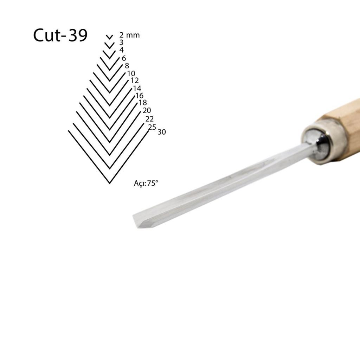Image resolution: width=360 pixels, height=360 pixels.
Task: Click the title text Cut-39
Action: [60, 36]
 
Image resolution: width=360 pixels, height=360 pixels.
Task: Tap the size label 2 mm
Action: [129, 35]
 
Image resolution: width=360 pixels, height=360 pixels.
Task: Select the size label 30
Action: [162, 132]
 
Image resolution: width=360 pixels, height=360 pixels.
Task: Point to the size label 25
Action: [152, 127]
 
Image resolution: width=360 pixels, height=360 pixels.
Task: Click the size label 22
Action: [149, 119]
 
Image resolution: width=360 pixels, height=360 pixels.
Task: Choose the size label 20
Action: [147, 110]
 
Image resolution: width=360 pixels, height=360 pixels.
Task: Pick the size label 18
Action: [143, 103]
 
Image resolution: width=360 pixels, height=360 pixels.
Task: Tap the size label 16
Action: [139, 96]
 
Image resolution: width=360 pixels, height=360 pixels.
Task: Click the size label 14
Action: [137, 88]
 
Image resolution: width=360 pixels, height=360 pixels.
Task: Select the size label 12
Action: [134, 81]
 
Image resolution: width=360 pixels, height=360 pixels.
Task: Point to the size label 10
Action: [131, 73]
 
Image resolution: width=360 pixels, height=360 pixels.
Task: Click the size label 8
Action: [127, 66]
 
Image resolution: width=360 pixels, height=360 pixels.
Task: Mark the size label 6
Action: [124, 58]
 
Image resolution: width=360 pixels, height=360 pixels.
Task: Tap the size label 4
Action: [121, 50]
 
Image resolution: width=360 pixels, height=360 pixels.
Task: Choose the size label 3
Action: [121, 42]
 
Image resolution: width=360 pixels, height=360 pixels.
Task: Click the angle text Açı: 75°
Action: [146, 183]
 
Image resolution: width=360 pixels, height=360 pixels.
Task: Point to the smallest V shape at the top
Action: [110, 37]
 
